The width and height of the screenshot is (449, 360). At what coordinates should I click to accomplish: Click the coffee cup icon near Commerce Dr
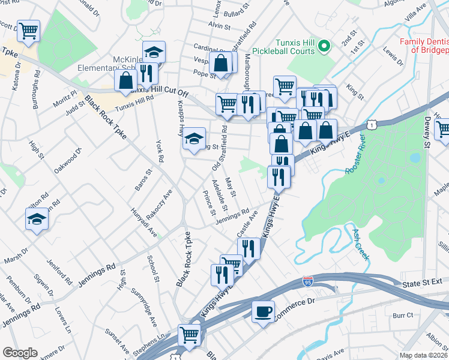tap(263, 312)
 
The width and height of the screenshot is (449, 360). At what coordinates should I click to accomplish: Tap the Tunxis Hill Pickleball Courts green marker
tap(324, 45)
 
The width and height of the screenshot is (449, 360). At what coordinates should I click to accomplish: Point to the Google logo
tap(20, 352)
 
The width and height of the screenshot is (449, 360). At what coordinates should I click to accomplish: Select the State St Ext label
tap(423, 283)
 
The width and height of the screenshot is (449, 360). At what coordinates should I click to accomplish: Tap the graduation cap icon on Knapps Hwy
tap(194, 139)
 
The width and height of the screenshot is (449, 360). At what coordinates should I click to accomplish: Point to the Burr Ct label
tap(403, 314)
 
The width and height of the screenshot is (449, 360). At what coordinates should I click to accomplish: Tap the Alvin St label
tap(219, 26)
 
